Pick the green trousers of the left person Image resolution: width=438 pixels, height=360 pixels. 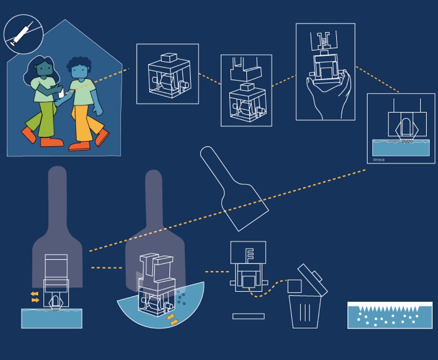coord(45,120)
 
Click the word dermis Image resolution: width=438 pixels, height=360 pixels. coord(379,159)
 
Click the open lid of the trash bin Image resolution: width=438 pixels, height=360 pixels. coord(313,280)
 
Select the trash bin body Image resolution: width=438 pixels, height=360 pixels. coord(305,312)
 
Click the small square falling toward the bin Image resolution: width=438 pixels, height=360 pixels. coord(294,286)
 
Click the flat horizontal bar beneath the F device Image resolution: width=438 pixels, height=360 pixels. coord(248,316)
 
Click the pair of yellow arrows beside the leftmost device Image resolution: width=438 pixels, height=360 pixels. coord(35,297)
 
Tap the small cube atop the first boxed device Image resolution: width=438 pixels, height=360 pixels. coord(169,58)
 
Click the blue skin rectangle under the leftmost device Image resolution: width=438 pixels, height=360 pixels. coord(51,319)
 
